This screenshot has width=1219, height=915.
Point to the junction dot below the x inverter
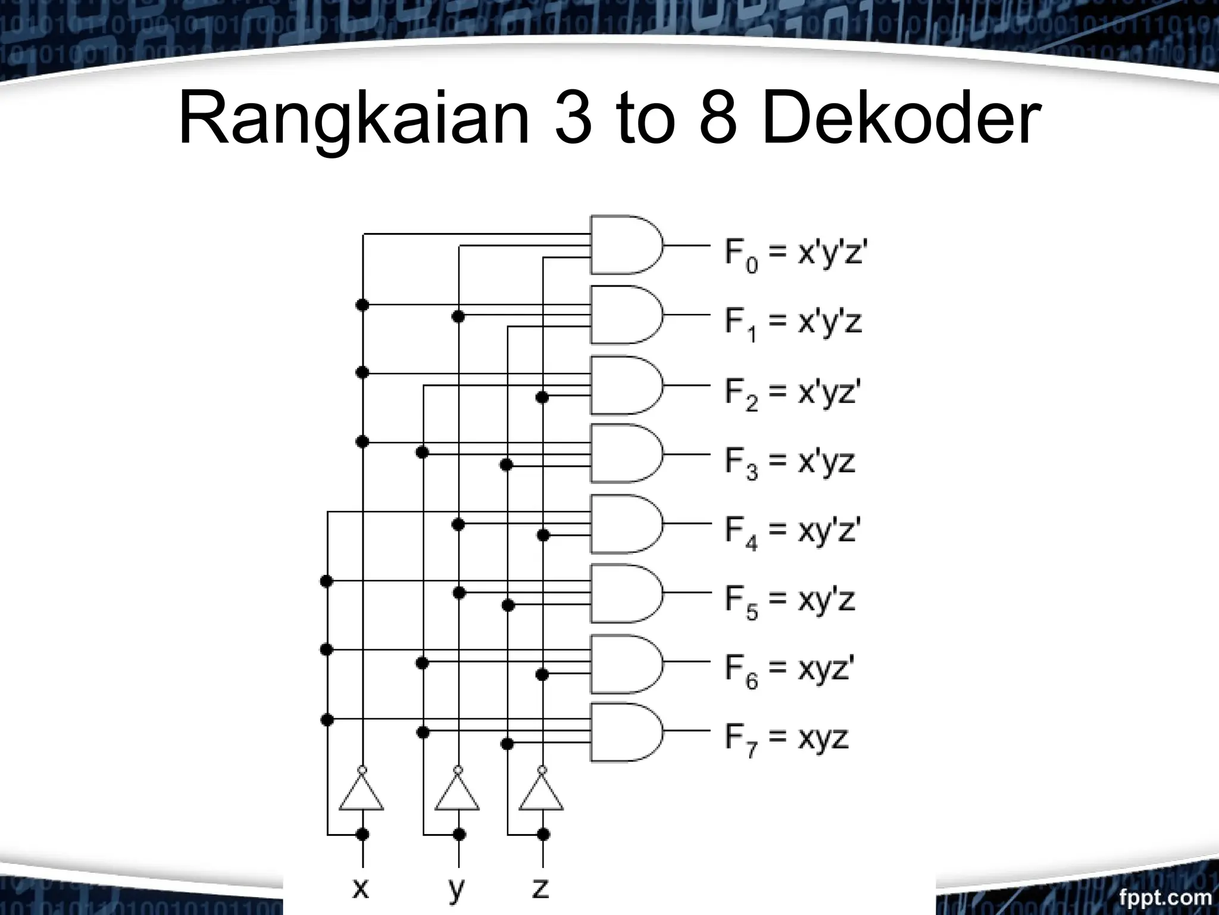point(362,834)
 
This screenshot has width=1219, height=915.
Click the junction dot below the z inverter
point(542,834)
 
